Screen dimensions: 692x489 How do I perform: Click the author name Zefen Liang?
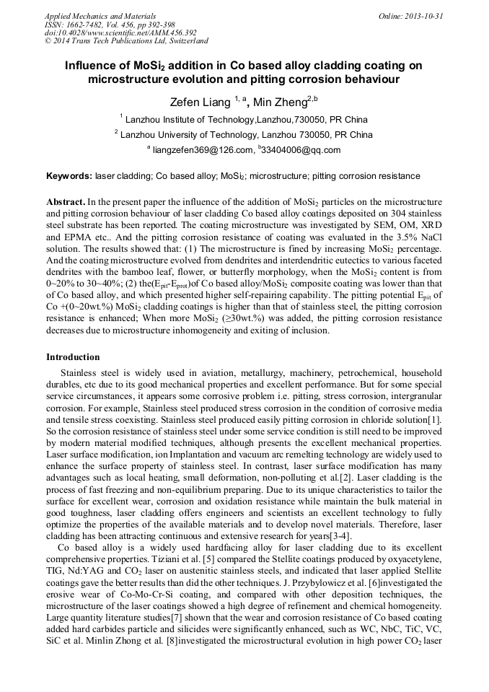pos(196,102)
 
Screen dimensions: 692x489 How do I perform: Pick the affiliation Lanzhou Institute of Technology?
pos(186,119)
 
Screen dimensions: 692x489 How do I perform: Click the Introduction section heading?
pos(73,356)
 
